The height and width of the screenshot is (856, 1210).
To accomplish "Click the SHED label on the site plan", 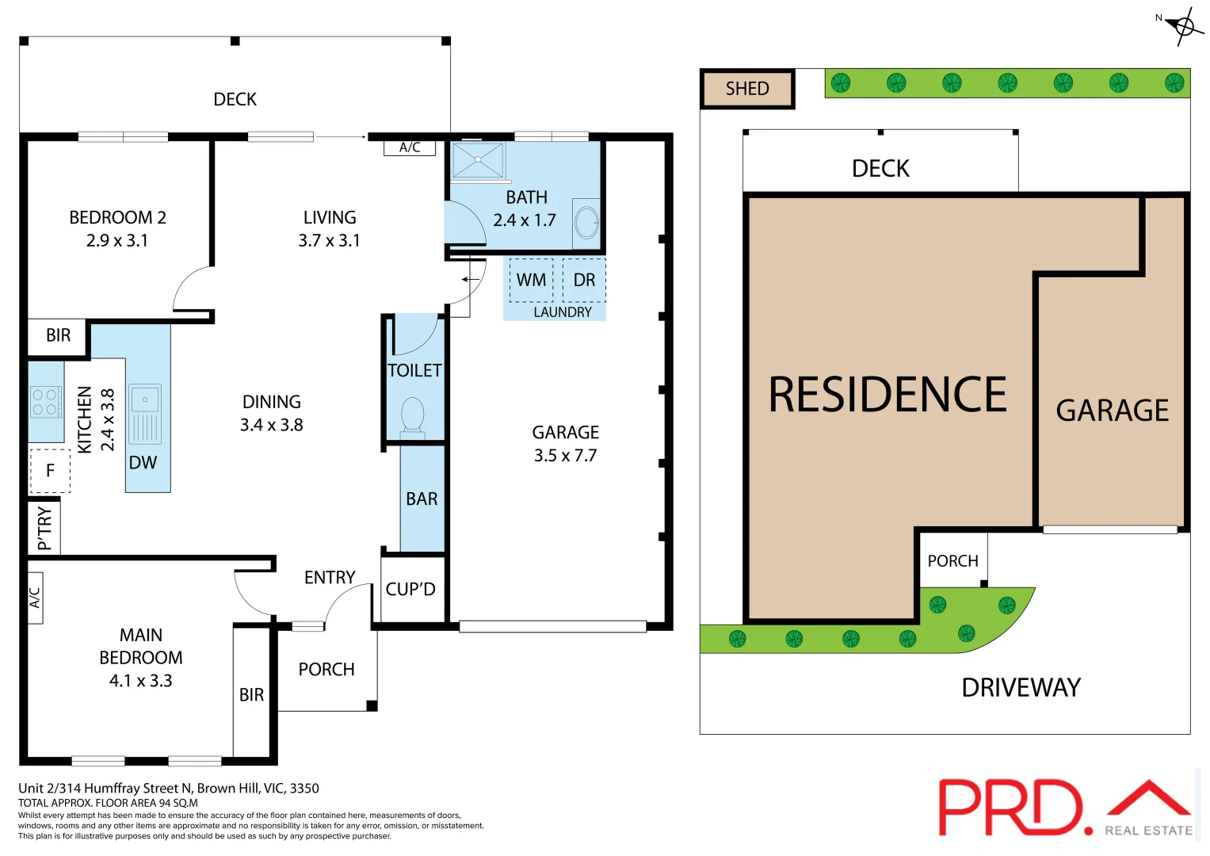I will (747, 89).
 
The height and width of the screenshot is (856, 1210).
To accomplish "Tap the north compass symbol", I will (1184, 27).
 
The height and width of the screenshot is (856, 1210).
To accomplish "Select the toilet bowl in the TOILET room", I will (413, 414).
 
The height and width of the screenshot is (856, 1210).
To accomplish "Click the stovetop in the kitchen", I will (45, 402).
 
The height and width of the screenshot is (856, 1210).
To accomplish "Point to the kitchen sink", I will (145, 413).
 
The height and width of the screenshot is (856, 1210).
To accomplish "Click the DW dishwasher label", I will (143, 463).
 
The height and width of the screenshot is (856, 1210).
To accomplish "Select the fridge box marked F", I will (50, 471).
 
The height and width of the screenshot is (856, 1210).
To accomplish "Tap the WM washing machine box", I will (531, 280).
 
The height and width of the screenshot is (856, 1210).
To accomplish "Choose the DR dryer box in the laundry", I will (584, 280).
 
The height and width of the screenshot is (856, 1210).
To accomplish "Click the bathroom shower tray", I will (478, 160).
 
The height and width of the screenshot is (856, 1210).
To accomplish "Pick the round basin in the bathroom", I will (587, 223).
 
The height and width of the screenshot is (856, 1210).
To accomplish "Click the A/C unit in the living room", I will (410, 147).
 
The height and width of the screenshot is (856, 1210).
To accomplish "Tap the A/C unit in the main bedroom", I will (35, 597).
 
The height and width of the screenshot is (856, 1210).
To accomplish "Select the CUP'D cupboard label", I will (410, 589).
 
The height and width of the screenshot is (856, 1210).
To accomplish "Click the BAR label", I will (422, 499).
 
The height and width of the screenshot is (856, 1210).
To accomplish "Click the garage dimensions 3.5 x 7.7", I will (565, 455).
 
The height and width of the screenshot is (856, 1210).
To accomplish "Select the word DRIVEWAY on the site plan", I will (1021, 687).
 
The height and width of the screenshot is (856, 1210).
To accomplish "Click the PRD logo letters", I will (1010, 807).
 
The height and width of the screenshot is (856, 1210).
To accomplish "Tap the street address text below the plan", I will (169, 788).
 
